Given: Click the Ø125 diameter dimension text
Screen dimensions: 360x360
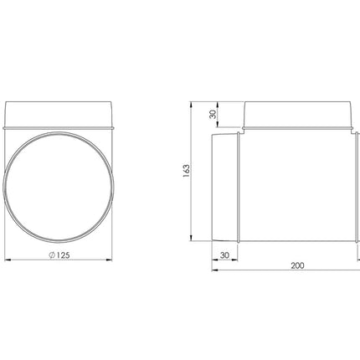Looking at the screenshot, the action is coord(59,255).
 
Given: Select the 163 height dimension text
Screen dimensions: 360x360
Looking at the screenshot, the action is coord(186,171).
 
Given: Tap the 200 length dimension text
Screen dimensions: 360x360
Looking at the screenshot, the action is coord(297,265).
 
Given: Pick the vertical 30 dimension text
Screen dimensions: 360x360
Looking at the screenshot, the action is coord(213,115).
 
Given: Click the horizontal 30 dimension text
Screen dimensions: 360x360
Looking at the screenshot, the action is coord(224,255).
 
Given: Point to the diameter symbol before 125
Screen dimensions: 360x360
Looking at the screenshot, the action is coord(52,255).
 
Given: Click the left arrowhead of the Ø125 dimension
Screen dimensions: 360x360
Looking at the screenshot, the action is coord(8,260).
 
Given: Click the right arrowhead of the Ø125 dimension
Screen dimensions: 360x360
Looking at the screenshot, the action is coord(109,260).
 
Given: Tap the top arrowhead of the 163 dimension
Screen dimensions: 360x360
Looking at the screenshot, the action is coord(191,105).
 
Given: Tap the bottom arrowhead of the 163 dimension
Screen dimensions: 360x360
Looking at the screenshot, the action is coord(191,238).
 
